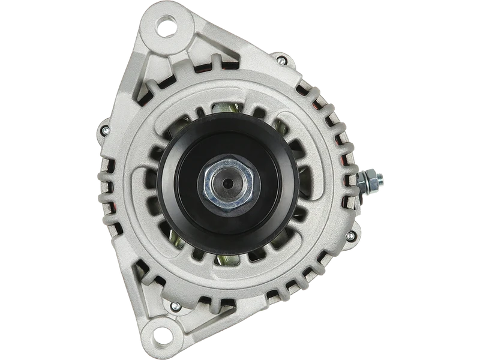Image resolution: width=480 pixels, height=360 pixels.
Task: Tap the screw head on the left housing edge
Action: [x=106, y=130]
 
